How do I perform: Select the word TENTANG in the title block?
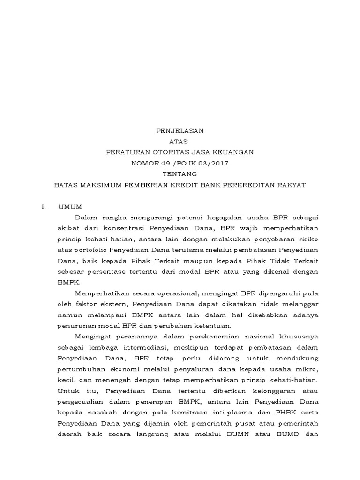[x=180, y=174]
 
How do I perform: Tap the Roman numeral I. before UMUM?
[x=43, y=206]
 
